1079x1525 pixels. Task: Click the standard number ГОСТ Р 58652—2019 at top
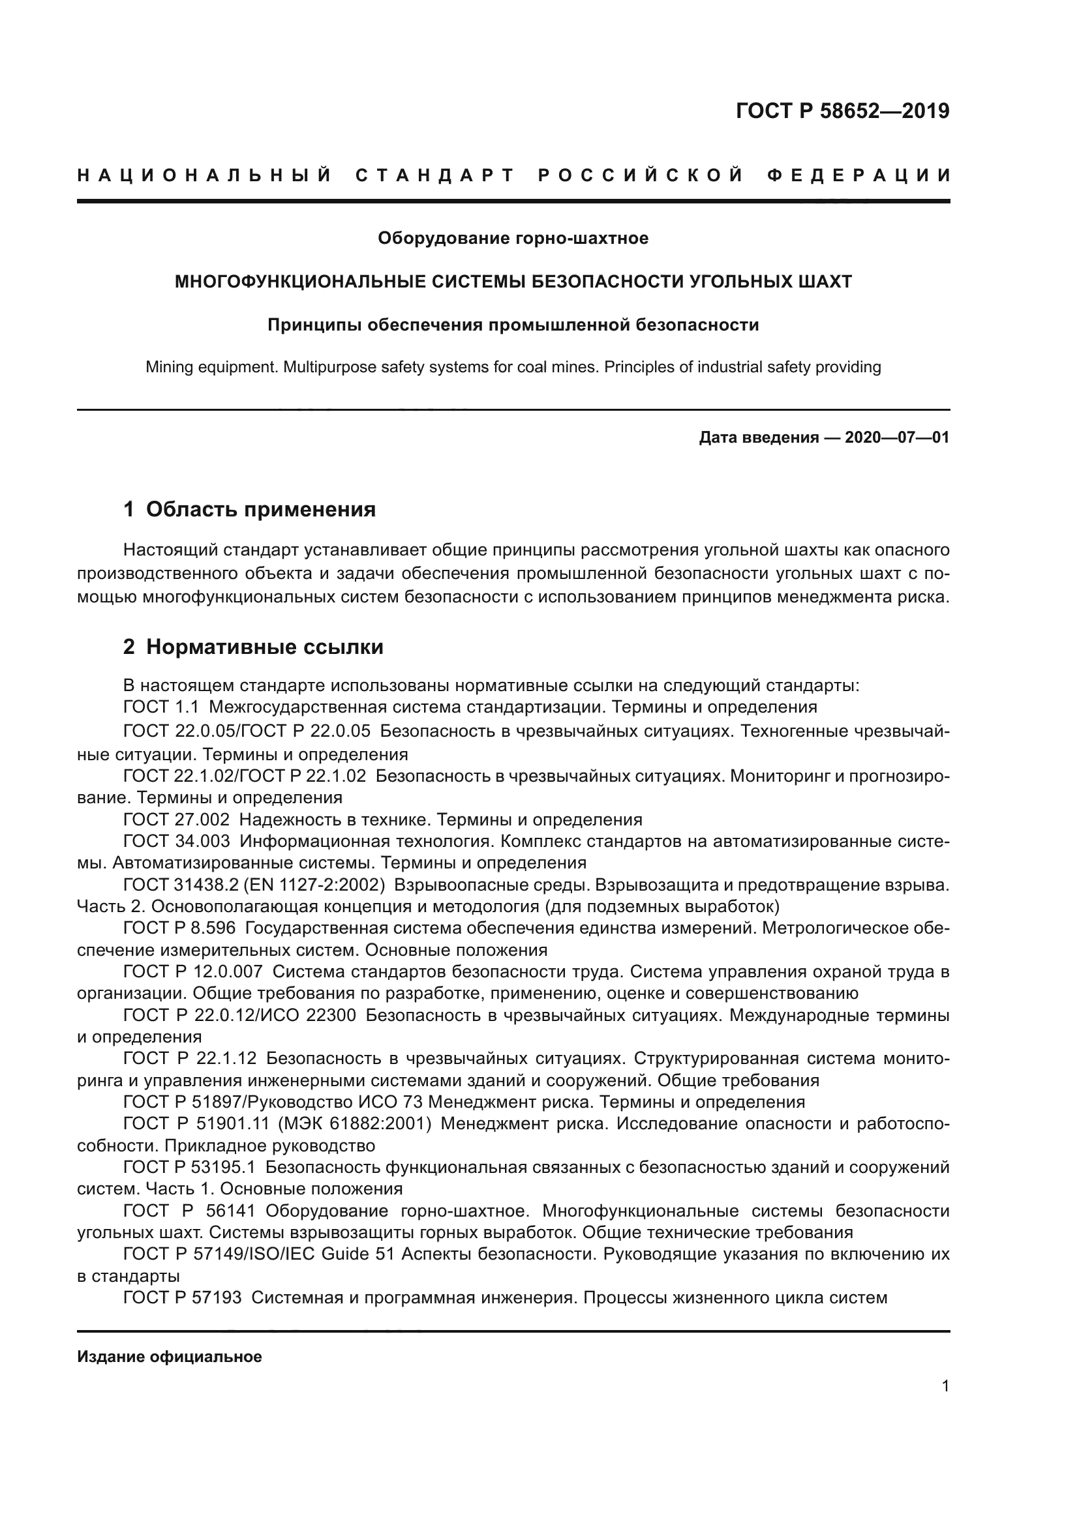point(842,111)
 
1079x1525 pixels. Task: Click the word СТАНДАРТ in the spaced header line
point(435,176)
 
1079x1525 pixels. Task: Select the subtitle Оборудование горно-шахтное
point(513,238)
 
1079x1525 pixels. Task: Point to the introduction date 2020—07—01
point(897,437)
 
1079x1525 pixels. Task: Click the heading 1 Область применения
point(250,509)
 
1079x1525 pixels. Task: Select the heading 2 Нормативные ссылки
point(253,647)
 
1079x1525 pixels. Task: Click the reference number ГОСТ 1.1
point(160,707)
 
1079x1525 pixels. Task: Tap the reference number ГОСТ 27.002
point(177,820)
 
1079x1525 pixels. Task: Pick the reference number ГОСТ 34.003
point(177,842)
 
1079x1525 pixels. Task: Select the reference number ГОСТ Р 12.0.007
point(192,972)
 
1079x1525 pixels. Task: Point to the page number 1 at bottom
point(945,1386)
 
